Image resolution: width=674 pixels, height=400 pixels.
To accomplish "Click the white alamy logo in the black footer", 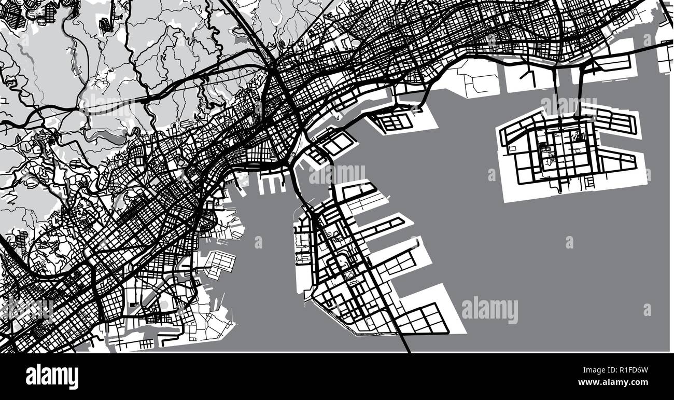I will (x=52, y=377).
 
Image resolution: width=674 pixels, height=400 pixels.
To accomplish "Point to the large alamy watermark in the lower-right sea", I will (x=489, y=310).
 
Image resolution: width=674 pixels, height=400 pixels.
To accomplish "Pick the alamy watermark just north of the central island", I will (x=337, y=174).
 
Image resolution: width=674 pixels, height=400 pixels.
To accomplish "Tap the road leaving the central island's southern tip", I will (x=403, y=342).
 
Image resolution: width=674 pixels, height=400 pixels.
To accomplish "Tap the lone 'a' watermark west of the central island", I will (x=258, y=242).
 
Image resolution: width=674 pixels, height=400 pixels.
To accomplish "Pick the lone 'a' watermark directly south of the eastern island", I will (x=569, y=242).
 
